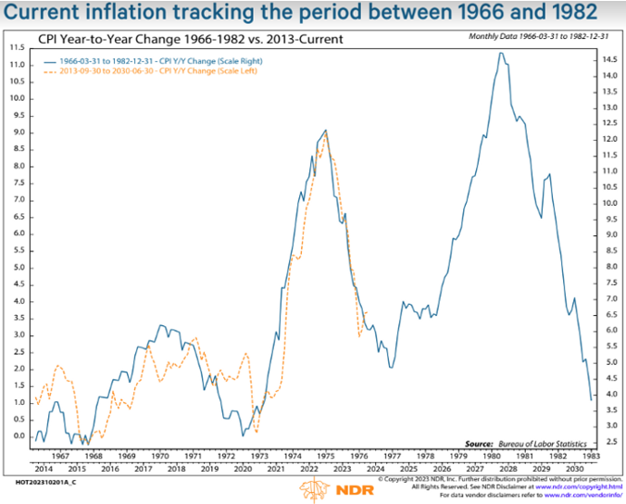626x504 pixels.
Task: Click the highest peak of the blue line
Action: point(501,53)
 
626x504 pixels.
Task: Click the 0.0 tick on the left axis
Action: point(18,435)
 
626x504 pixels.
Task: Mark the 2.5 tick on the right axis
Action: point(607,441)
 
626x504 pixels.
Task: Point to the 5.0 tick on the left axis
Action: point(18,267)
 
